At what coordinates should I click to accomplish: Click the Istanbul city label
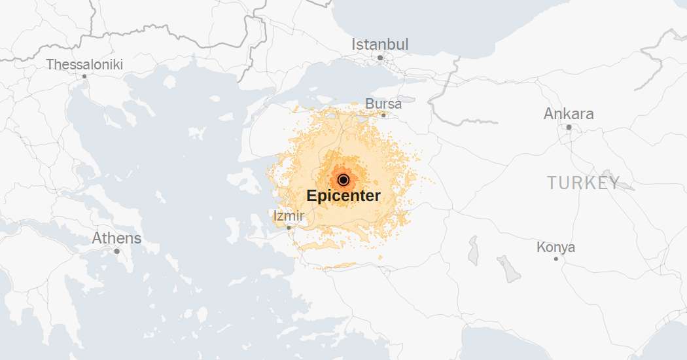pos(379,45)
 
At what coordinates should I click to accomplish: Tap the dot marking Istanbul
pos(380,58)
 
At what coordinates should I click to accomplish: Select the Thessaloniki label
pos(84,65)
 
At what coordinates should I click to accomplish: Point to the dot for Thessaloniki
pos(84,76)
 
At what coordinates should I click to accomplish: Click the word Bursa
pos(383,103)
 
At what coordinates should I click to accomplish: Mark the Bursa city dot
pos(384,115)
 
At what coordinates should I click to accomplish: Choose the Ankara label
pos(569,114)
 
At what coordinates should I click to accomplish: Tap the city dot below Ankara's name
pos(569,127)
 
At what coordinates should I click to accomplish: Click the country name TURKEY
pos(584,183)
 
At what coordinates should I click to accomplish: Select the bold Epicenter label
pos(343,196)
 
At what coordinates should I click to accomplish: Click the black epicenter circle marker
pos(343,180)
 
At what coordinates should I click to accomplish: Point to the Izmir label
pos(288,215)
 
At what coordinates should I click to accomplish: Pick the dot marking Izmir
pos(289,228)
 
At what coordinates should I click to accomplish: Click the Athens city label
pos(116,238)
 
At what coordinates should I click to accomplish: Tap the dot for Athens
pos(116,251)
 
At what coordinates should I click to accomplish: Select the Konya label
pos(555,247)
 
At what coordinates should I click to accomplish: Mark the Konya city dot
pos(556,259)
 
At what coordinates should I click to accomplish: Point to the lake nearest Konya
pos(508,268)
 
